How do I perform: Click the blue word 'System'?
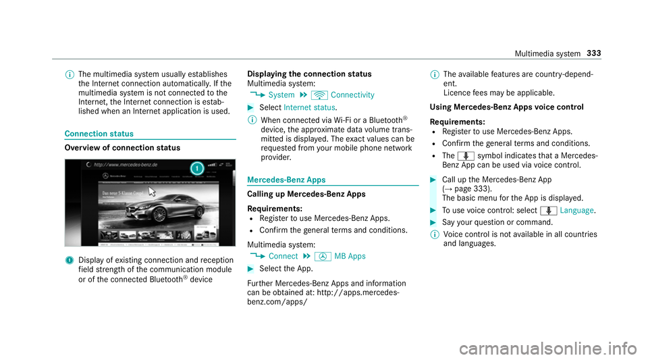pos(281,95)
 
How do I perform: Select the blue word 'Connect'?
pos(282,256)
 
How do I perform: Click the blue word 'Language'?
pos(576,211)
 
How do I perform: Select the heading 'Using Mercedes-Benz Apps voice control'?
pos(500,107)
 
